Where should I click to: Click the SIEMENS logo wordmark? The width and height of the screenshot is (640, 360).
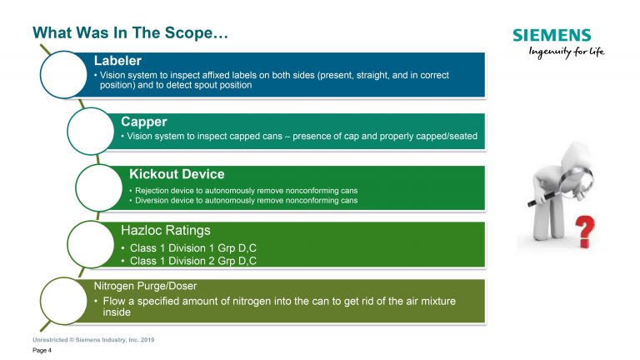552,35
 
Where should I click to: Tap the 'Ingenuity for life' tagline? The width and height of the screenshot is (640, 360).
567,52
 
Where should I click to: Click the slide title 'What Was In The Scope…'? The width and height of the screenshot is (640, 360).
130,32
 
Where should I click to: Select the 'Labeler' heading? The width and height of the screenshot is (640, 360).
117,60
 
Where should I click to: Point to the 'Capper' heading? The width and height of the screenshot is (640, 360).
143,122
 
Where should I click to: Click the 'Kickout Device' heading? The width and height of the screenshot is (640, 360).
177,174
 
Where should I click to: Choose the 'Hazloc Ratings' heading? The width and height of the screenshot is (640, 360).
166,230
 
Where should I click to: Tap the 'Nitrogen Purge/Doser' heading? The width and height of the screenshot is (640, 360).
145,286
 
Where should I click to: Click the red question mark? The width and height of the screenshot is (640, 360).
585,232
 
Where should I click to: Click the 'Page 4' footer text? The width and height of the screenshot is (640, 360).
42,350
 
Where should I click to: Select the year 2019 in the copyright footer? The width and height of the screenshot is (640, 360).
147,340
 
